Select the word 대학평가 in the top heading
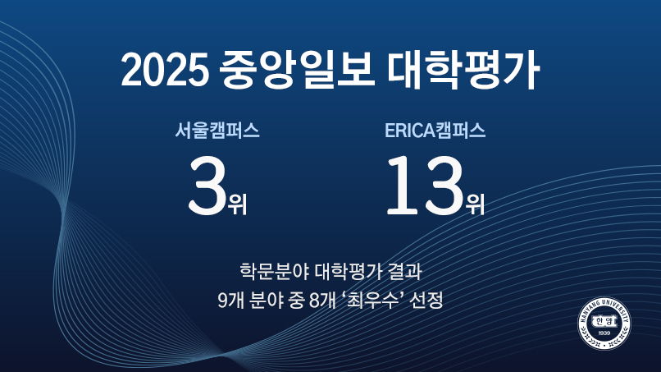460,71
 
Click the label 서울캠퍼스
217,131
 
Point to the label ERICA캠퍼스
435,131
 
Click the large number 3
207,186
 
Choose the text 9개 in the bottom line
230,299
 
